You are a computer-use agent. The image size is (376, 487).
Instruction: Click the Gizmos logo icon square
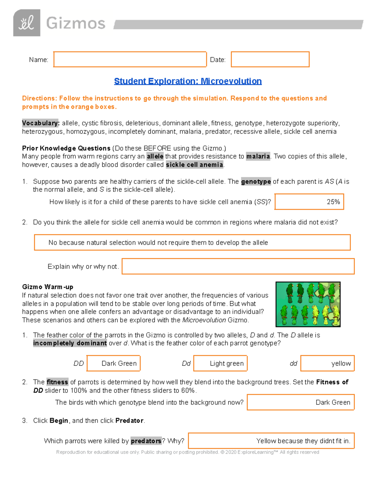click(x=27, y=23)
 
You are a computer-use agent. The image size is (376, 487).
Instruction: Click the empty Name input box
click(x=130, y=59)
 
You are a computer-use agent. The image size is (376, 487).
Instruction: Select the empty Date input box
click(x=270, y=59)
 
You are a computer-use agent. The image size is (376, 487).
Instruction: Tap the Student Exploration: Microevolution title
click(x=188, y=81)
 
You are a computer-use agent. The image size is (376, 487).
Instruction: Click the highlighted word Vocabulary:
click(x=41, y=123)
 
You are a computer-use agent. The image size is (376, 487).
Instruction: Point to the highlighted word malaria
click(x=258, y=156)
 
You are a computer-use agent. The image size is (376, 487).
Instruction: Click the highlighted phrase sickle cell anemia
click(x=194, y=165)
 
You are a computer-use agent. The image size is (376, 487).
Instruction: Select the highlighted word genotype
click(x=256, y=182)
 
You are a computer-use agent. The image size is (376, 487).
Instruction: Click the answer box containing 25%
click(x=309, y=202)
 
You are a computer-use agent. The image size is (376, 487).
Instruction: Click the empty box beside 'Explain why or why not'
click(x=238, y=266)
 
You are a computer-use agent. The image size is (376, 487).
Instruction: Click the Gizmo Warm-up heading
click(x=48, y=287)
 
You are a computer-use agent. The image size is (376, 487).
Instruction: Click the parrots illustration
click(x=308, y=304)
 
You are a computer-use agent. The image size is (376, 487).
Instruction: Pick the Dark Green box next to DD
click(x=113, y=363)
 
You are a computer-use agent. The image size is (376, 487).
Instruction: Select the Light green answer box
click(x=220, y=363)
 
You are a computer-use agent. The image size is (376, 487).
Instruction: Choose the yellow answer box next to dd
click(x=327, y=363)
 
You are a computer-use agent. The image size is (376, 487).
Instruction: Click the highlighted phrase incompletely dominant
click(x=70, y=343)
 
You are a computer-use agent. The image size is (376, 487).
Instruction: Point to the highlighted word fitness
click(x=57, y=382)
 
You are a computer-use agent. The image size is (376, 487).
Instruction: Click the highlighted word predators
click(x=146, y=441)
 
